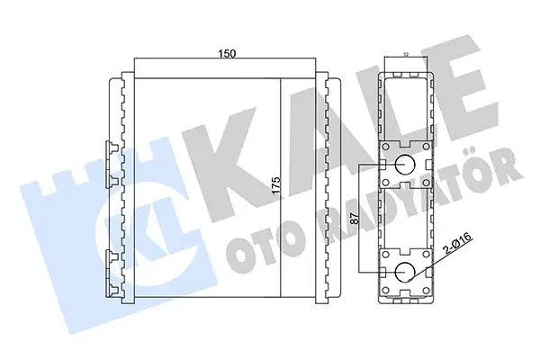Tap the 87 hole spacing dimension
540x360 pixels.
352,216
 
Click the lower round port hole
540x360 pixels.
404,273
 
